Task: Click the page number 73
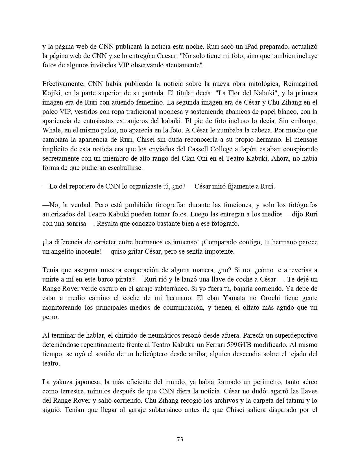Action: coord(180,439)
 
